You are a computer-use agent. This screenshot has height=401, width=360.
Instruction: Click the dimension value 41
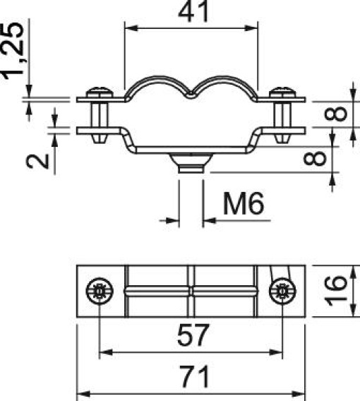[x=192, y=13]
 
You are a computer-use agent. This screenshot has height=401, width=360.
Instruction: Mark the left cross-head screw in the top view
[x=99, y=291]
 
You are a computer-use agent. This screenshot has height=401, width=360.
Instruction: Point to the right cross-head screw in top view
[x=284, y=291]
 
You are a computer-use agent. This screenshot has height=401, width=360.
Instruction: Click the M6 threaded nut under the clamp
[x=191, y=165]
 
